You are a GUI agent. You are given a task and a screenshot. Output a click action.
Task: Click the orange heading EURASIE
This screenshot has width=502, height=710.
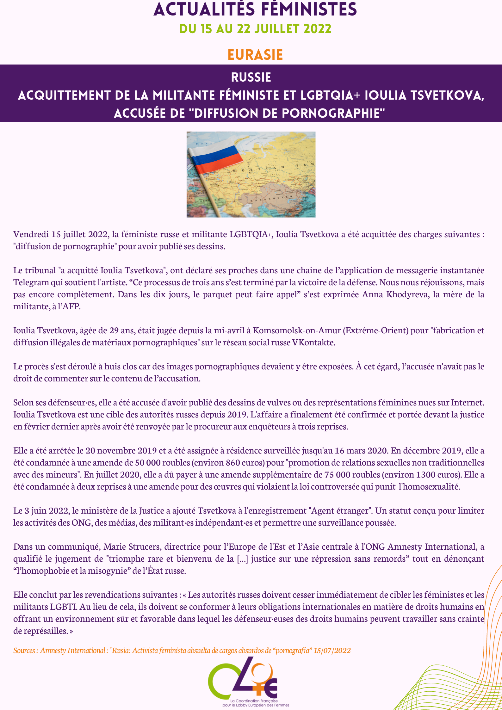(255, 55)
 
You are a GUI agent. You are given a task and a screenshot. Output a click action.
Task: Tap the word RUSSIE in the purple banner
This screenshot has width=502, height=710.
(251, 77)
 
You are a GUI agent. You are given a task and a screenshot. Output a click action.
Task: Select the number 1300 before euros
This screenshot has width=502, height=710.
(425, 475)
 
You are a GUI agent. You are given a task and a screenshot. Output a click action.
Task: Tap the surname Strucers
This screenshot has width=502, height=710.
(144, 547)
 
